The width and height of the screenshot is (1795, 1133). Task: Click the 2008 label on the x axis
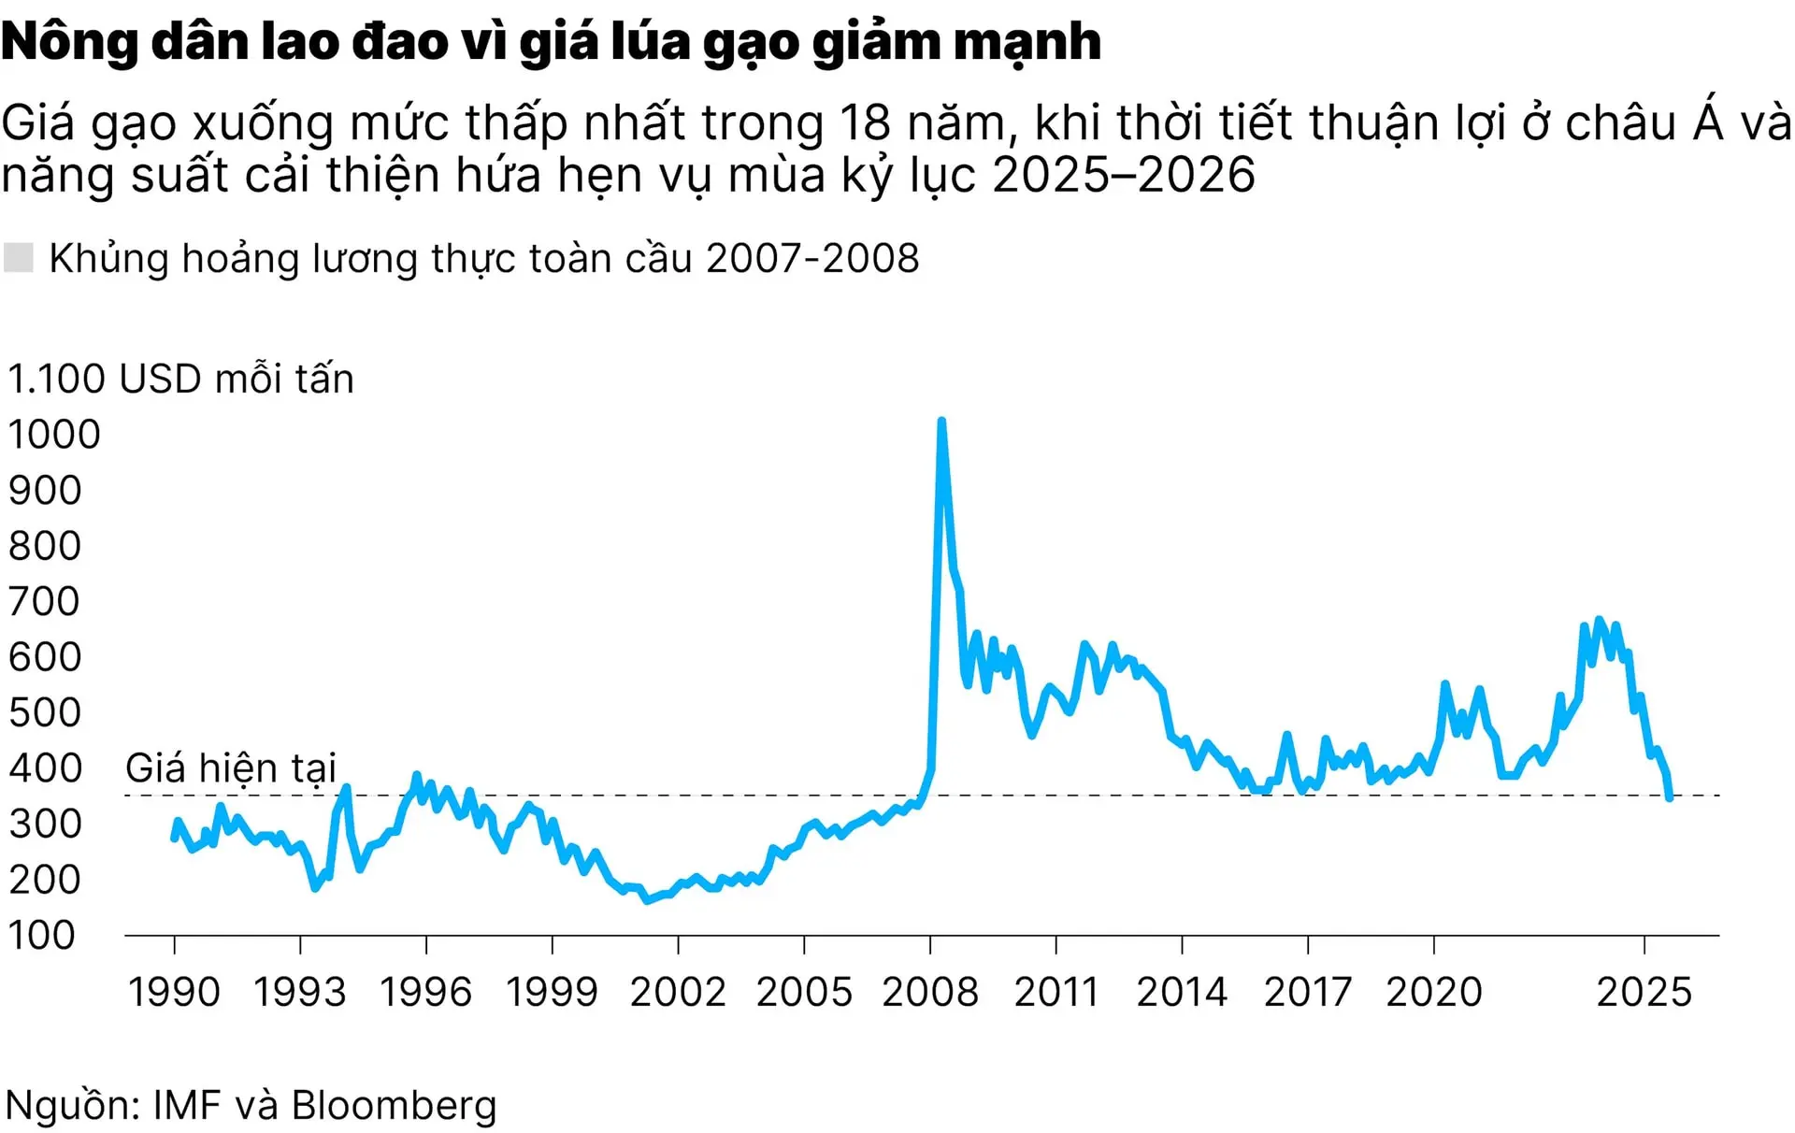coord(929,992)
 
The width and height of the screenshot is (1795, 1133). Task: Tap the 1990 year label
coord(174,992)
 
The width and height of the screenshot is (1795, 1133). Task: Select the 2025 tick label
coord(1644,992)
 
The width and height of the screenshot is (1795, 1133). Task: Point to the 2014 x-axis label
coord(1182,992)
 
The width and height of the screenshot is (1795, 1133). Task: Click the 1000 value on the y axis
coord(53,435)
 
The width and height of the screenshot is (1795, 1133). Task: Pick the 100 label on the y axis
coord(41,935)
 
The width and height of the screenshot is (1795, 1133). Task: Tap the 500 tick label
coord(45,712)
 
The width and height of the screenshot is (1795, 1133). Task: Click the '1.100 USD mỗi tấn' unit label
coord(181,379)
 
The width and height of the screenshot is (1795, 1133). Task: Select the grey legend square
coord(19,258)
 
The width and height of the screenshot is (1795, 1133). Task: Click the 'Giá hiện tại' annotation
coord(230,767)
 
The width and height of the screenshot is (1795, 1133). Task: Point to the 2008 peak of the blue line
coord(941,423)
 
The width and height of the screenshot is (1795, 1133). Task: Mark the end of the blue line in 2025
coord(1669,796)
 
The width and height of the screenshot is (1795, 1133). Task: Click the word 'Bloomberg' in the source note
coord(394,1105)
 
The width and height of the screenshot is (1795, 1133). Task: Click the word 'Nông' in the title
coord(69,42)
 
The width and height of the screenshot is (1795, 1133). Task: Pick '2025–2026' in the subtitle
coord(1123,175)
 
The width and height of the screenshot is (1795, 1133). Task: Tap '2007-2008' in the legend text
coord(812,258)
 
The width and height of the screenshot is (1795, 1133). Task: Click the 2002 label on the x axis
coord(678,992)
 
